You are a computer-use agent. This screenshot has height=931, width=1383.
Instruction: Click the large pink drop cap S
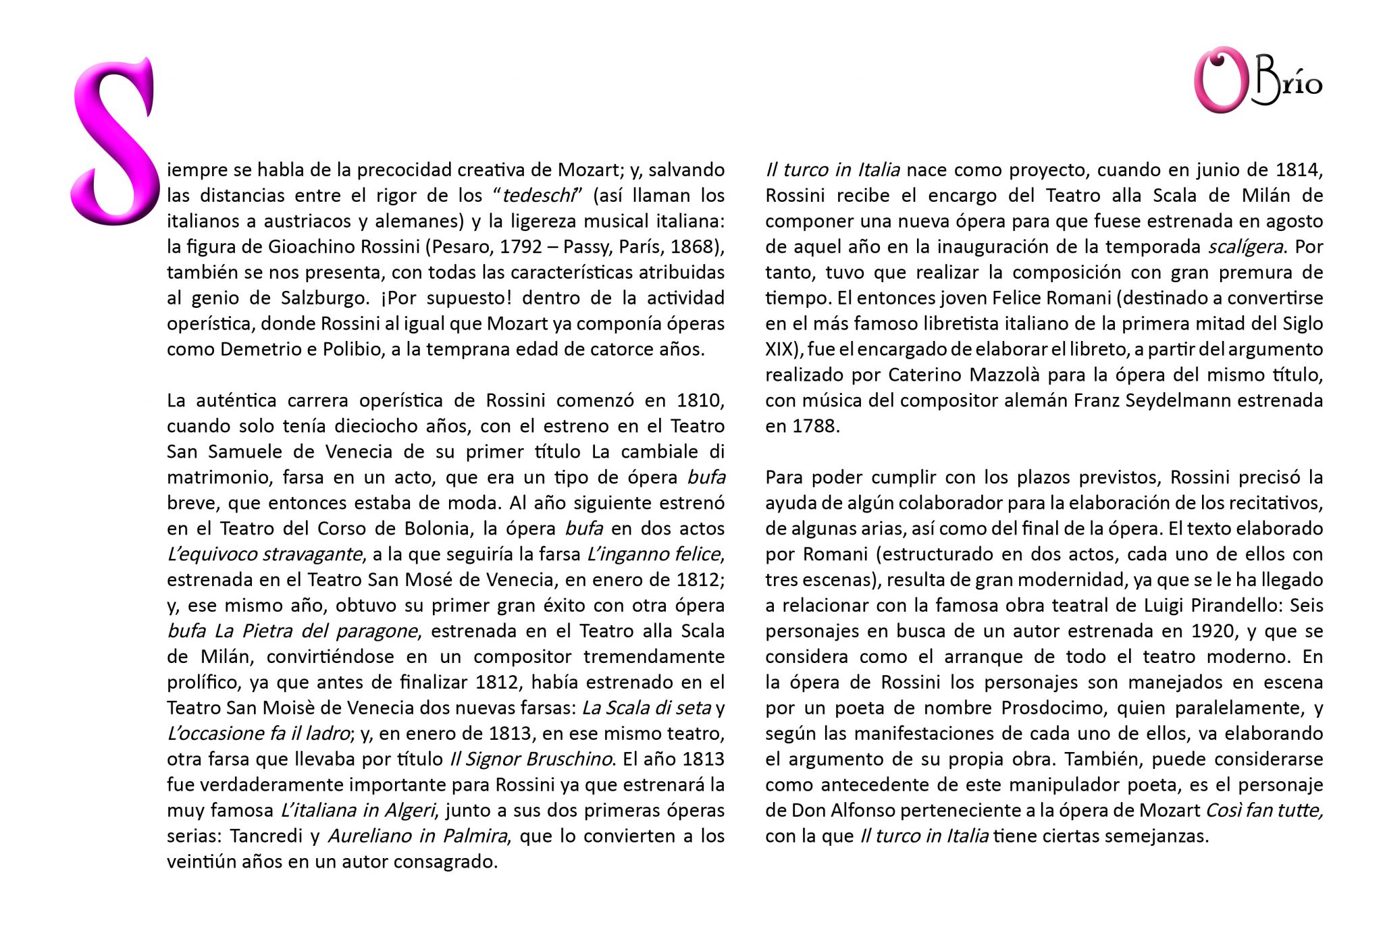(113, 142)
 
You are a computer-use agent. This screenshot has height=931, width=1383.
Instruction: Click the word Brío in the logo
(1286, 86)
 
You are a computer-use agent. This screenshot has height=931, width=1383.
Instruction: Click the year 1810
(700, 401)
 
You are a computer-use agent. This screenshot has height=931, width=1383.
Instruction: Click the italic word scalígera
(1245, 247)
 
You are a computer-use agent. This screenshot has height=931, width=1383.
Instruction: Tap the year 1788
(818, 427)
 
